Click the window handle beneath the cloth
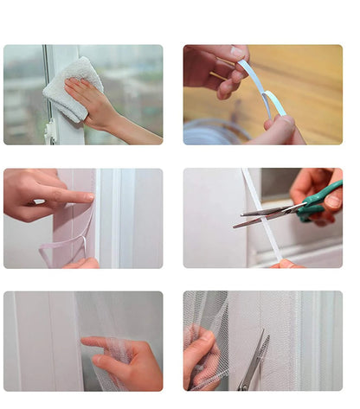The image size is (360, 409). (x=51, y=130)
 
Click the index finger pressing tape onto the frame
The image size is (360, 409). (x=74, y=197)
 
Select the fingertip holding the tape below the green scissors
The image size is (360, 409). (x=286, y=263)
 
